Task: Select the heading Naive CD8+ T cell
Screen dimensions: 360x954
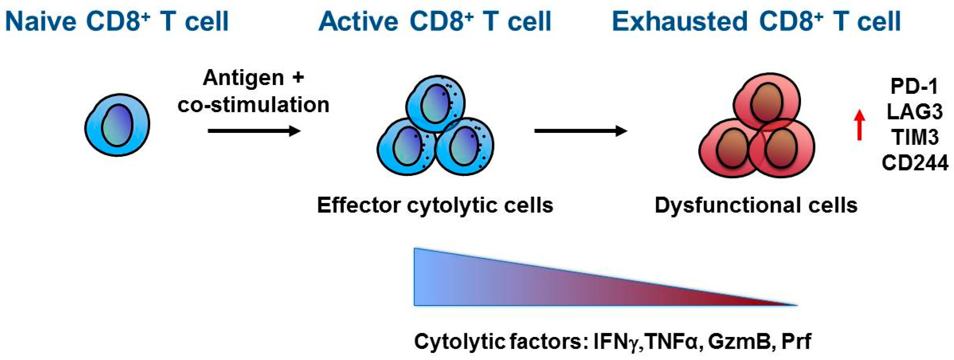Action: [117, 22]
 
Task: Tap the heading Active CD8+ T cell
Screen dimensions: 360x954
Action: [435, 22]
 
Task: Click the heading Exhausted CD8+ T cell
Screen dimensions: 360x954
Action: [756, 22]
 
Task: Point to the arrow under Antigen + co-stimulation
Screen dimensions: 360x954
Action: [254, 131]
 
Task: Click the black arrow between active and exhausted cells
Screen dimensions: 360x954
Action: [580, 131]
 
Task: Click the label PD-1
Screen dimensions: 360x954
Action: [914, 87]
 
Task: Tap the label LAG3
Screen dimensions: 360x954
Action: [914, 112]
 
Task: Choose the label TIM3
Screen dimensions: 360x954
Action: [914, 137]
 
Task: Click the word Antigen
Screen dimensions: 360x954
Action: [243, 79]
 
